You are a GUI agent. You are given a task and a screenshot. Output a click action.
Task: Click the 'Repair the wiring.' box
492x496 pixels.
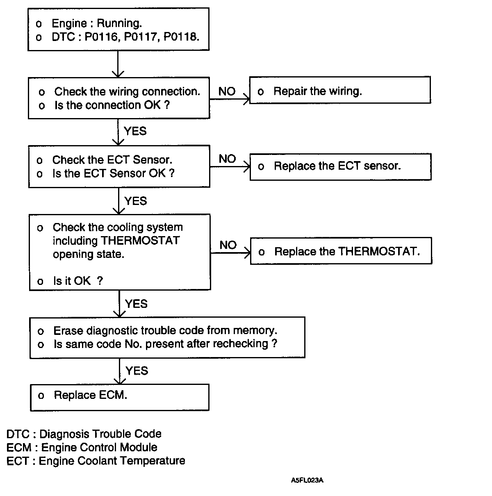[x=340, y=90]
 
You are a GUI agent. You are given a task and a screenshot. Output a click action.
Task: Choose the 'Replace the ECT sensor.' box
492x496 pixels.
[x=340, y=166]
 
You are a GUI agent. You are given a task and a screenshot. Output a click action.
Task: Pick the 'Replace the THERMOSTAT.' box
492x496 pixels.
[x=341, y=251]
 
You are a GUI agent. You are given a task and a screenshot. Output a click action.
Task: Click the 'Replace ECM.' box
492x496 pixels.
[x=119, y=397]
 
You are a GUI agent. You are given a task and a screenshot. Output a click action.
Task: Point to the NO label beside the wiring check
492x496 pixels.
[x=227, y=91]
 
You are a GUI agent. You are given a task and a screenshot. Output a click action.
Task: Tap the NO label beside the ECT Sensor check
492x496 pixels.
[x=227, y=159]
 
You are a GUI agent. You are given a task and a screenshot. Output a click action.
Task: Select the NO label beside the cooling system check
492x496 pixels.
[x=228, y=245]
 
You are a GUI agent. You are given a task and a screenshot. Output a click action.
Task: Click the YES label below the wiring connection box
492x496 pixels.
[x=135, y=131]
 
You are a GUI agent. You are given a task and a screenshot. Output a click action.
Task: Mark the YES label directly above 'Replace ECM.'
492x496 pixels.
[x=137, y=371]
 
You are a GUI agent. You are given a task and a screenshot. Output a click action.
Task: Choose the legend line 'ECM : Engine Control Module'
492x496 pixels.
[x=82, y=447]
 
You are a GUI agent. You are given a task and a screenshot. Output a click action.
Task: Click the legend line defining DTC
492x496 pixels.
[x=84, y=434]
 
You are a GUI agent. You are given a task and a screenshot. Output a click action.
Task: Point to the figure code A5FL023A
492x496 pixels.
[x=307, y=480]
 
